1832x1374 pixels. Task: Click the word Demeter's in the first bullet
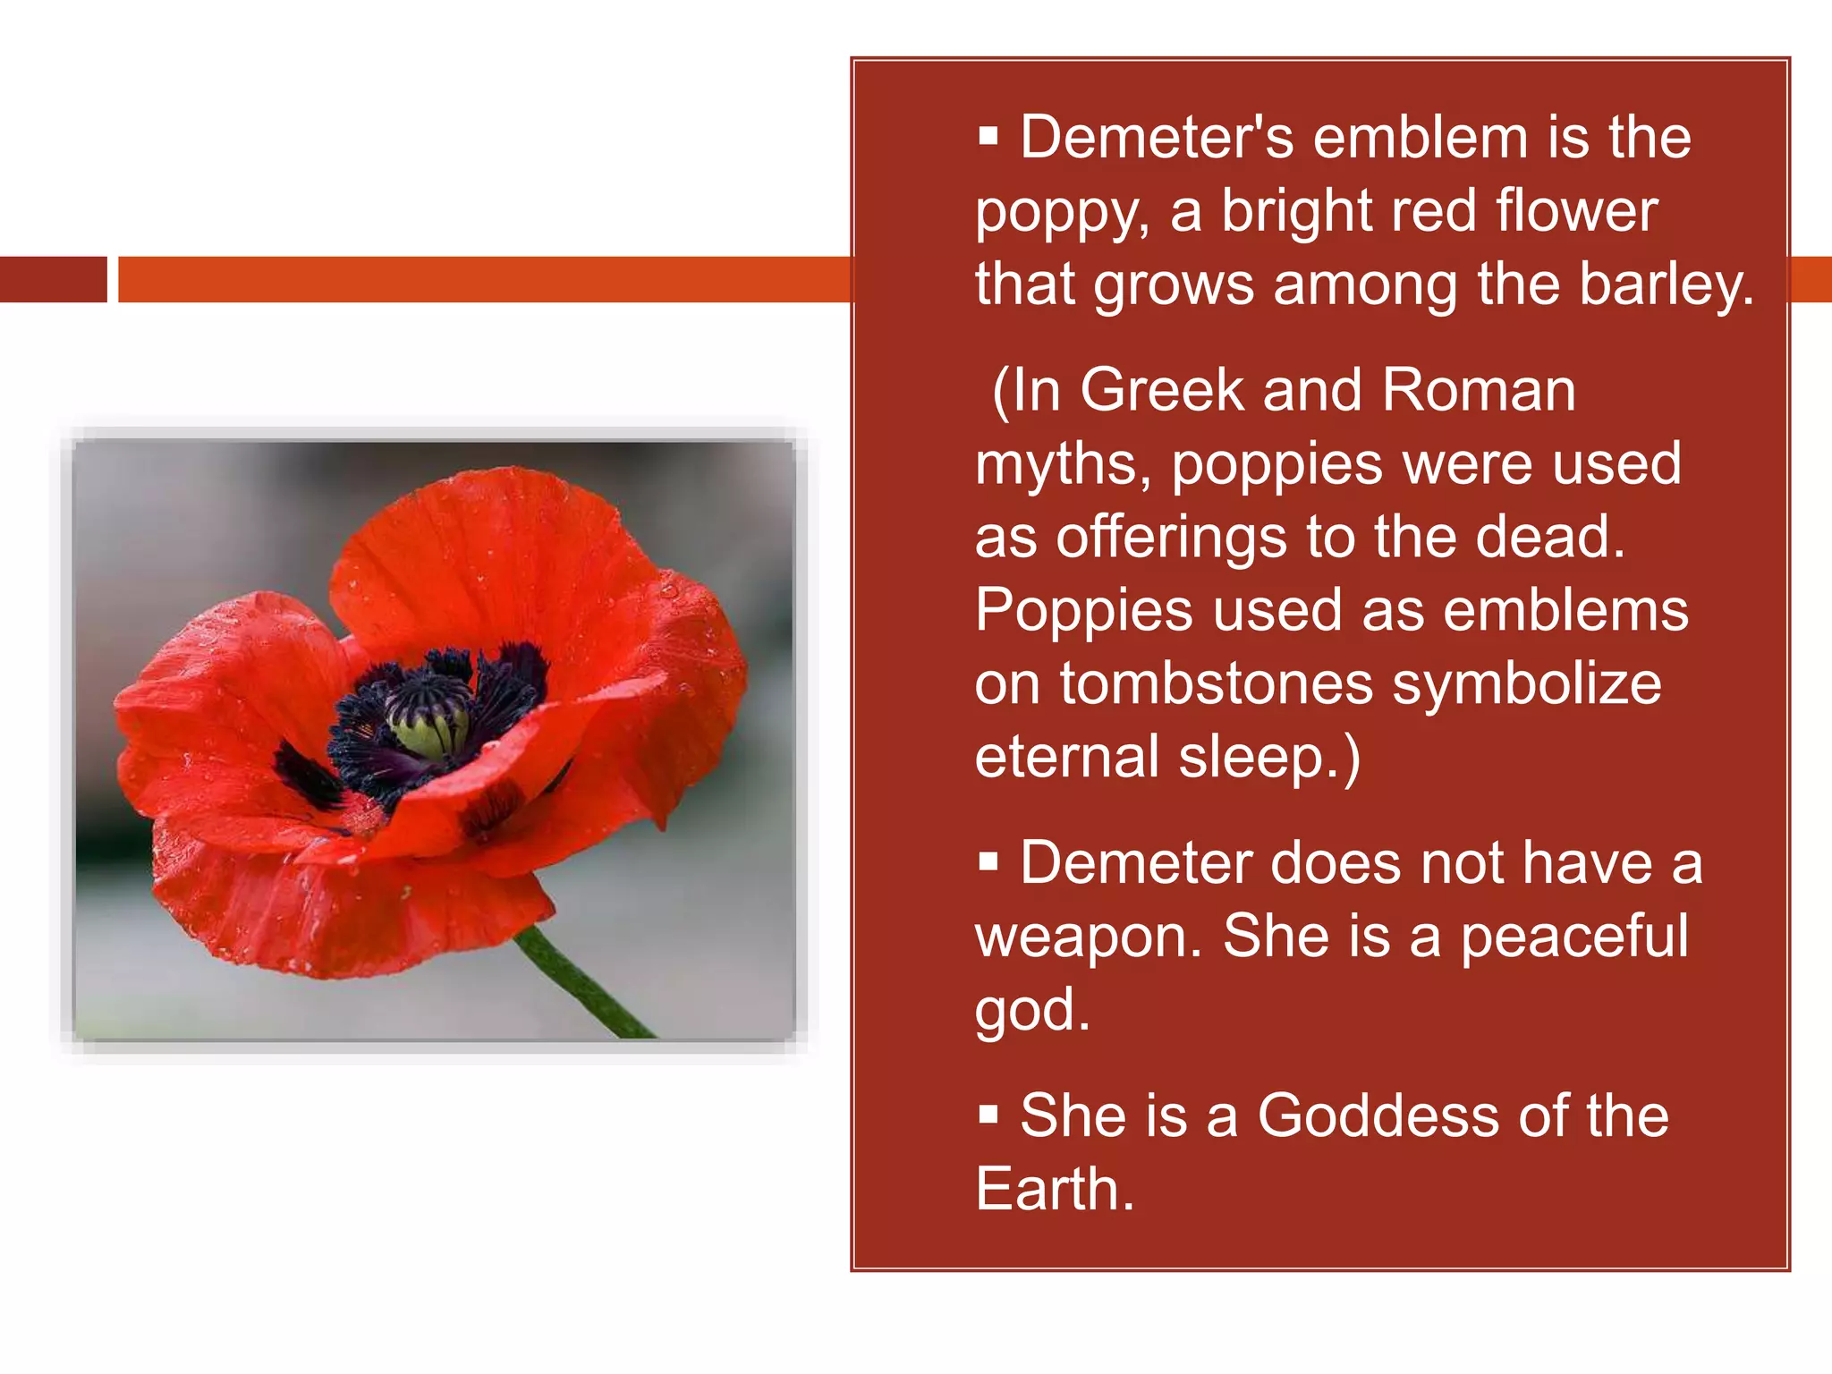[x=1157, y=138]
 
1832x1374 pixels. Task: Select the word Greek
[x=1162, y=391]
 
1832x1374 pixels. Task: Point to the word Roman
[x=1478, y=391]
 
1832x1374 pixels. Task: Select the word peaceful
[x=1574, y=937]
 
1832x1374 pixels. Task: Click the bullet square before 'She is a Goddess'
[x=988, y=1115]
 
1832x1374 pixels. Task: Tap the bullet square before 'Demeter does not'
[x=988, y=862]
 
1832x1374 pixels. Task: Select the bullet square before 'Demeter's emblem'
[x=988, y=137]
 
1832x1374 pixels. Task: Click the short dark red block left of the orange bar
[x=53, y=279]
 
